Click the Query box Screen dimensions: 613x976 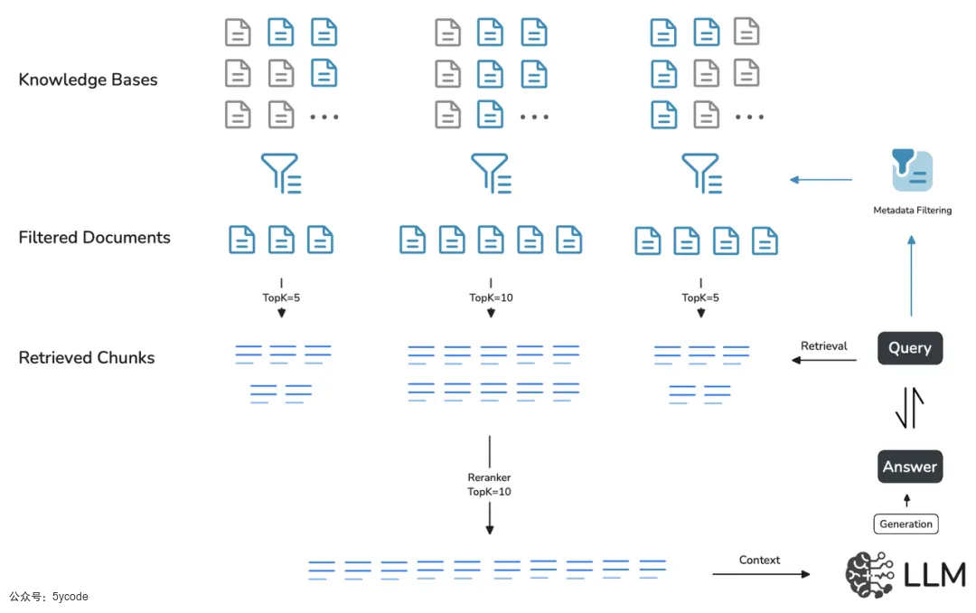point(909,348)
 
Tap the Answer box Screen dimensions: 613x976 point(909,467)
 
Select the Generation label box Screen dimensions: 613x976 point(906,523)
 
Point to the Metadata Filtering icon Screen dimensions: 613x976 point(912,171)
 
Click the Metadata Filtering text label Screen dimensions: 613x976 point(912,211)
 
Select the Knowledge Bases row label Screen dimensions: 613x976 point(88,80)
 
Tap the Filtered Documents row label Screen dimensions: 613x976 point(94,238)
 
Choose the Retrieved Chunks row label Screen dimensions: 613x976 point(87,358)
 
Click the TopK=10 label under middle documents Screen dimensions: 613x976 point(491,297)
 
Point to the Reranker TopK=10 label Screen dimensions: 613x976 point(489,485)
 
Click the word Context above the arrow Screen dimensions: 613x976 point(759,560)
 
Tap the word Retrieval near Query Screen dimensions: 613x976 point(824,345)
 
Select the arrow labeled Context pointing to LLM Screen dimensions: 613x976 point(761,574)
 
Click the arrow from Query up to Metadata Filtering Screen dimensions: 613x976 point(911,275)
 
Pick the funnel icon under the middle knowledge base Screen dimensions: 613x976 point(491,173)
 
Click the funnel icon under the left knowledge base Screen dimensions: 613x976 point(281,173)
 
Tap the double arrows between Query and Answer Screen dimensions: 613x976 point(909,408)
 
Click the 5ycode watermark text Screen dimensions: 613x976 point(49,597)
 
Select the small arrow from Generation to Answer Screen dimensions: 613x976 point(907,500)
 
